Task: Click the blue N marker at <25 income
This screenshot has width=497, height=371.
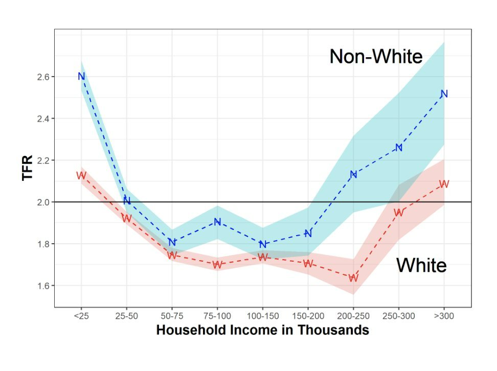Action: click(x=81, y=77)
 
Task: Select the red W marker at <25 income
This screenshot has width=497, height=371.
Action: click(x=81, y=175)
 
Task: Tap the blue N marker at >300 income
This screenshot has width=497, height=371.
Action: click(x=444, y=94)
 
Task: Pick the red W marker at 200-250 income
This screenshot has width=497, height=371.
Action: click(x=353, y=278)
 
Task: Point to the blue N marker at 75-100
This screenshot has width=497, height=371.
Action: click(x=217, y=222)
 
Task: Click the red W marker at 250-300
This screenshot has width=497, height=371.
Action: click(x=399, y=213)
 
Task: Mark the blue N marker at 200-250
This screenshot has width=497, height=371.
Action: click(x=353, y=174)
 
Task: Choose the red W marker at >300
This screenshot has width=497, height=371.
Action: click(x=444, y=184)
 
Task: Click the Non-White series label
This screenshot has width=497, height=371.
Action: click(x=376, y=57)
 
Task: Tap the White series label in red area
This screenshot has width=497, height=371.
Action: click(x=422, y=265)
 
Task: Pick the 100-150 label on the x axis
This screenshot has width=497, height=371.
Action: click(x=263, y=316)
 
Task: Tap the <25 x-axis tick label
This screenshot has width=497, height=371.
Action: click(x=81, y=316)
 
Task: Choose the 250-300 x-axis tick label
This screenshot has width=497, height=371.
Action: click(x=399, y=316)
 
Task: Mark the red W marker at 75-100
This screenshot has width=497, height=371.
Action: click(x=217, y=265)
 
